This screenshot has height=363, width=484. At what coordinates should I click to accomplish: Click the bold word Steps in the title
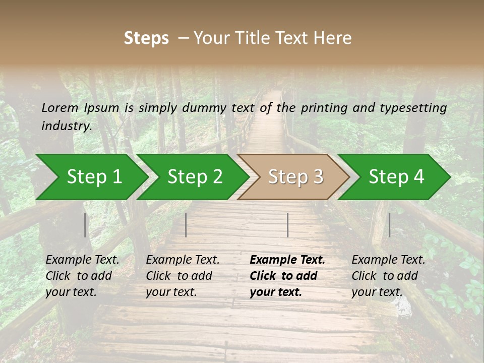pyautogui.click(x=146, y=38)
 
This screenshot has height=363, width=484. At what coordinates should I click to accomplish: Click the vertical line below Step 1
pyautogui.click(x=85, y=225)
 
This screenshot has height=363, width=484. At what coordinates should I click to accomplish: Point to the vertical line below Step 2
pyautogui.click(x=186, y=225)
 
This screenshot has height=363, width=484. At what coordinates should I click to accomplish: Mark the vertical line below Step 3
pyautogui.click(x=287, y=225)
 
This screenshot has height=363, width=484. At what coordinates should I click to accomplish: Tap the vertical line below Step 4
pyautogui.click(x=389, y=225)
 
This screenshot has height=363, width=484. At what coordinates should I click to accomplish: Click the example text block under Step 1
pyautogui.click(x=82, y=276)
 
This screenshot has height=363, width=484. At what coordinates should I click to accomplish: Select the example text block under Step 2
pyautogui.click(x=183, y=276)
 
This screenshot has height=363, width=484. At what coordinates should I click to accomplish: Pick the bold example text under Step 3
pyautogui.click(x=287, y=276)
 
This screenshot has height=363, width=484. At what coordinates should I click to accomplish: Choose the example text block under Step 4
pyautogui.click(x=388, y=276)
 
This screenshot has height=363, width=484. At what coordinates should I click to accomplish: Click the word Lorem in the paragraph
pyautogui.click(x=60, y=107)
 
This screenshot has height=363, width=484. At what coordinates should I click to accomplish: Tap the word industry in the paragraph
pyautogui.click(x=66, y=126)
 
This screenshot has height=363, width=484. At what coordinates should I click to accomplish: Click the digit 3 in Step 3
pyautogui.click(x=317, y=176)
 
